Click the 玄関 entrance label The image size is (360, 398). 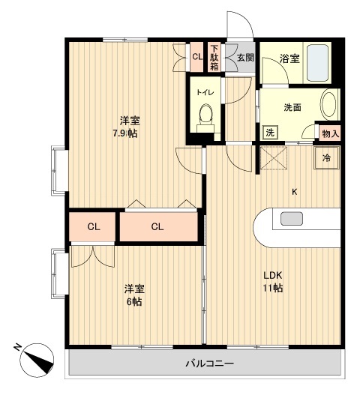click(x=245, y=57)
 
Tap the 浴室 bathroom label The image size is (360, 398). click(x=291, y=58)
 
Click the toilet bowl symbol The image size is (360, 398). click(x=205, y=114)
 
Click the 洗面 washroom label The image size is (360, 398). click(x=292, y=107)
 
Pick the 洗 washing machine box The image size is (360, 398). click(x=270, y=133)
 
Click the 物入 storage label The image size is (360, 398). click(x=330, y=133)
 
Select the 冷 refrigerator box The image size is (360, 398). click(x=326, y=158)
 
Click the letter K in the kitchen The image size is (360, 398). click(x=295, y=192)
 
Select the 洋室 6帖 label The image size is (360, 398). click(x=133, y=295)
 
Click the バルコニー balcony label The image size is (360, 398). click(x=210, y=364)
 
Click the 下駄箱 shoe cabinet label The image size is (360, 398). click(x=214, y=58)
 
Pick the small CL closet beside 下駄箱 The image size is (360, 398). click(x=196, y=57)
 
